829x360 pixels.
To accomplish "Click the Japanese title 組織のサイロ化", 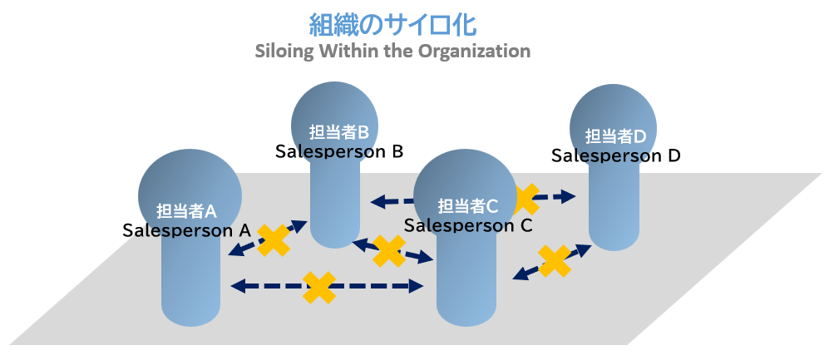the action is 392,25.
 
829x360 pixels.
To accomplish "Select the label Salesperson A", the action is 186,230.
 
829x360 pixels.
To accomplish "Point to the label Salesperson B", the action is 339,151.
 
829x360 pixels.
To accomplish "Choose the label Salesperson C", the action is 468,225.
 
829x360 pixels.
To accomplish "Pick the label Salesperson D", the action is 616,156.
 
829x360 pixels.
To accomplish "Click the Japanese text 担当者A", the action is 186,211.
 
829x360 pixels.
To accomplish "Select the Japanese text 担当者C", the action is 468,206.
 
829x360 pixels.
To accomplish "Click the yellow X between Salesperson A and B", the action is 274,240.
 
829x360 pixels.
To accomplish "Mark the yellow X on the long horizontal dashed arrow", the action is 319,287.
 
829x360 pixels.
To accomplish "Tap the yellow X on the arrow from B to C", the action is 389,250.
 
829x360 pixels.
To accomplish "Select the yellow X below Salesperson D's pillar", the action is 555,260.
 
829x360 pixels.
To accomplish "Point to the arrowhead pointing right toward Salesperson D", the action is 569,197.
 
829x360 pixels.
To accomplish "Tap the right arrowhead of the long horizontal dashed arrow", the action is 416,287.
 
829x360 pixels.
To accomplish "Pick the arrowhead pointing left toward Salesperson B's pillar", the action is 377,201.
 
